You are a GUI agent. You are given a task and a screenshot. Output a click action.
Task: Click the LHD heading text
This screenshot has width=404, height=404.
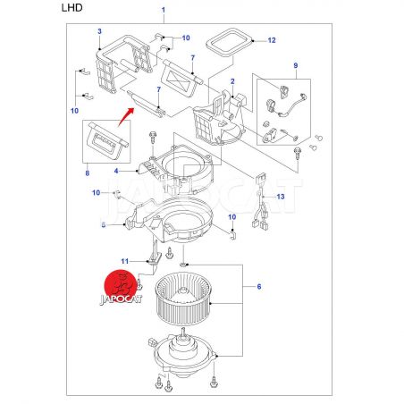[72, 8]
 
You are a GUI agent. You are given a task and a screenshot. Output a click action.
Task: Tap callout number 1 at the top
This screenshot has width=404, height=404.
[164, 10]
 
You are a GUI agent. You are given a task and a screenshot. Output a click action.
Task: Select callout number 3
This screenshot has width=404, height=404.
[99, 31]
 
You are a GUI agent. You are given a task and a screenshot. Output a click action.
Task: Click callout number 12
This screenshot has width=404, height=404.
[272, 40]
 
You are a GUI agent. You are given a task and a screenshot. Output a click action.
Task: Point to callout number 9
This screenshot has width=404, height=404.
[296, 65]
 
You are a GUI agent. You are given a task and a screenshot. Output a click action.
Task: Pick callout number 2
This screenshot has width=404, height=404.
[232, 81]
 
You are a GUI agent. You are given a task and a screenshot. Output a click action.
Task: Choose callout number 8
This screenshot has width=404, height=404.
[88, 173]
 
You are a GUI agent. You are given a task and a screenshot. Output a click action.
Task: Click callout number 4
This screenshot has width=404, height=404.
[116, 171]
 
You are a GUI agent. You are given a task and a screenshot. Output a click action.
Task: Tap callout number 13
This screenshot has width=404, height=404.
[281, 197]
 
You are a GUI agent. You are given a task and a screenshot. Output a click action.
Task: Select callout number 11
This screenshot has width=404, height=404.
[125, 261]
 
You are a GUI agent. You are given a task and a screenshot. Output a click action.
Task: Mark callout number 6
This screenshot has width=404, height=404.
[259, 287]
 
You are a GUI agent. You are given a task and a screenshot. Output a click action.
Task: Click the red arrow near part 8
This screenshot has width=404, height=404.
[125, 117]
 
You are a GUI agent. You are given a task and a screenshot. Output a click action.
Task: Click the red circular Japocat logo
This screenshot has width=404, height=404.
[119, 285]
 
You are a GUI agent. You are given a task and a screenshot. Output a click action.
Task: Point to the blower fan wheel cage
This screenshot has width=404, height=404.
[183, 300]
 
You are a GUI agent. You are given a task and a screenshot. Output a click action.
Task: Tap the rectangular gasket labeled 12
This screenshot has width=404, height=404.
[229, 42]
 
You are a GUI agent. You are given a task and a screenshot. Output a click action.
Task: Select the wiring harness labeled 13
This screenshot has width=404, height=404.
[261, 201]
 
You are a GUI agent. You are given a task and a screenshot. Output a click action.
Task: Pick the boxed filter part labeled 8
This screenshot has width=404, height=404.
[107, 141]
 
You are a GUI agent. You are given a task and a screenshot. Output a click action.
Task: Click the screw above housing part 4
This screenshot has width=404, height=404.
[153, 138]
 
